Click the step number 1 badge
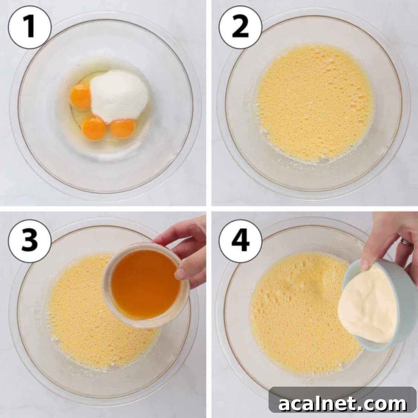tap(30, 27)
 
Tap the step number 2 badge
tap(240, 27)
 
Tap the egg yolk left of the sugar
tap(80, 96)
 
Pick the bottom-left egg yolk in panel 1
tap(94, 128)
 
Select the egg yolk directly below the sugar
tap(123, 129)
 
